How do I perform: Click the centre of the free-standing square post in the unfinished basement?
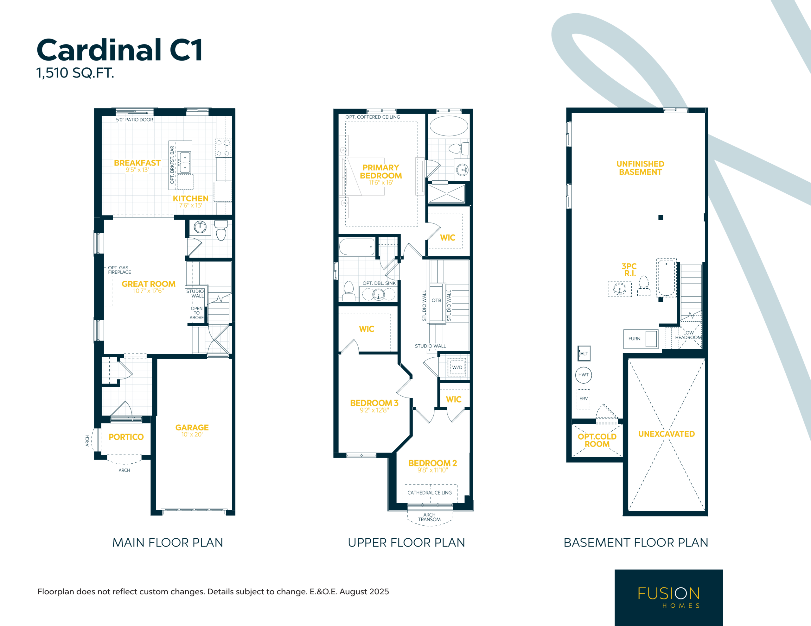[x=661, y=217]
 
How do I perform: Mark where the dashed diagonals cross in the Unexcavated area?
[x=666, y=435]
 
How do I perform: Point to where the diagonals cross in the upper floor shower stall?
[x=447, y=193]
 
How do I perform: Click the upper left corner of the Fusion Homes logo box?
[x=615, y=570]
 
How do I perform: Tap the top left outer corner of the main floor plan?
[x=94, y=108]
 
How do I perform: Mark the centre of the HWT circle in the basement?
[x=583, y=375]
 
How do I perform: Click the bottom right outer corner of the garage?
[x=235, y=515]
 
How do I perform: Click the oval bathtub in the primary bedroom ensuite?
[x=449, y=126]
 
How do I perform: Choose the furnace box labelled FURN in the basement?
[x=641, y=339]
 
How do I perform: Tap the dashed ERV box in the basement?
[x=583, y=399]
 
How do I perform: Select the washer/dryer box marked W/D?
[x=457, y=367]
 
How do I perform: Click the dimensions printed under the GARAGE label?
[x=192, y=435]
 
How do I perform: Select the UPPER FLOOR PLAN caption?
[x=406, y=542]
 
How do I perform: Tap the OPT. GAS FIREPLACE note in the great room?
[x=119, y=270]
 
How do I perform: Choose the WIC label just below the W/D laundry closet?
[x=453, y=399]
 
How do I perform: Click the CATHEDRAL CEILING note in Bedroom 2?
[x=430, y=493]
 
